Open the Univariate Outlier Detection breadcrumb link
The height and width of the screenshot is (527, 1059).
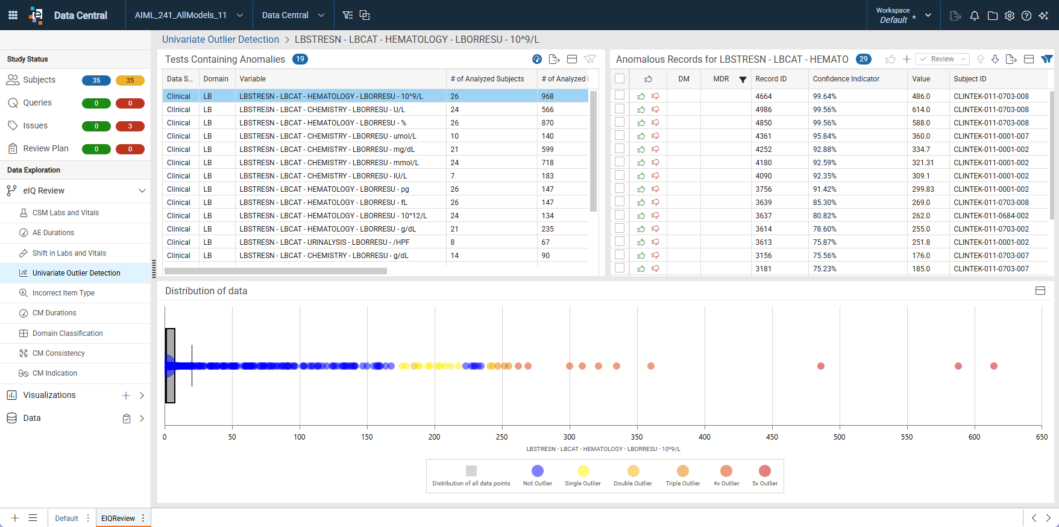tap(221, 39)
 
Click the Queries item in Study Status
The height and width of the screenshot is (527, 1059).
tap(37, 103)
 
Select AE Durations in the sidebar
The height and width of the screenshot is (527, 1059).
tap(53, 233)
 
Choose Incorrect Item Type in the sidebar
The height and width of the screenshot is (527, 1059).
tap(63, 293)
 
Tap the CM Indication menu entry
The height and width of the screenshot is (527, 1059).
tap(55, 373)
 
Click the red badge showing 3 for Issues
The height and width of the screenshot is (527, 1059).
tap(130, 126)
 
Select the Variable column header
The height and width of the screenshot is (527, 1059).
tap(253, 79)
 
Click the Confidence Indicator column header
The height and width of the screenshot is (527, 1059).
tap(846, 79)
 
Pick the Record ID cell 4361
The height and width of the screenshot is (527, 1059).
tap(763, 136)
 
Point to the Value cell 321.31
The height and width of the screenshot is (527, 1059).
tap(923, 163)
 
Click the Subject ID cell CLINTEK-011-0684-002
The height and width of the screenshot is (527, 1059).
tap(991, 216)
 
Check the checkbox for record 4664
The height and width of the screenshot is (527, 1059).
tap(619, 95)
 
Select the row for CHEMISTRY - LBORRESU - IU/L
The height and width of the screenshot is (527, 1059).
tap(323, 176)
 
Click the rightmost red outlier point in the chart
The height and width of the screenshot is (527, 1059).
tap(994, 366)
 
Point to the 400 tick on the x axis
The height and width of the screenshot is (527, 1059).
tap(705, 437)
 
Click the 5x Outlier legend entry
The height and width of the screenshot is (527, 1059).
tap(765, 476)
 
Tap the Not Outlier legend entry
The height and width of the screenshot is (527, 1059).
tap(538, 476)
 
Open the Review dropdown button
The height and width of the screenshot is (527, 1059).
tap(942, 59)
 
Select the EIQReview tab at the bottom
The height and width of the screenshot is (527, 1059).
tap(118, 518)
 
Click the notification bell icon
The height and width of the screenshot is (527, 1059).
tap(974, 16)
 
